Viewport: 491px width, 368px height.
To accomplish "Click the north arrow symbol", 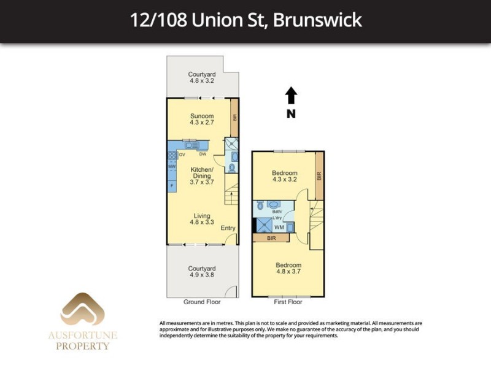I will (x=291, y=96).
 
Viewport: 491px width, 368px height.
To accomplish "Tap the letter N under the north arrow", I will (x=291, y=113).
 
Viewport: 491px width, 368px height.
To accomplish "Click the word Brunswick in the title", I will (x=317, y=20).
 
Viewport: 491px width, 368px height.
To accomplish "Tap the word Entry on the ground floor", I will (x=228, y=228).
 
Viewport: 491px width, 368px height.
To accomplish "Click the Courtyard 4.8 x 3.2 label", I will (x=202, y=77).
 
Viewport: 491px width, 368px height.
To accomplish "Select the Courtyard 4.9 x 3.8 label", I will (x=202, y=272).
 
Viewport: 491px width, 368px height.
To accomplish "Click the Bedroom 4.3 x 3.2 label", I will (x=285, y=177).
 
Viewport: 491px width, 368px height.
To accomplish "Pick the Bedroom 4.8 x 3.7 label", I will (x=288, y=268).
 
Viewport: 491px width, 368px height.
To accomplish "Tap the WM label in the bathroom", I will (x=279, y=228).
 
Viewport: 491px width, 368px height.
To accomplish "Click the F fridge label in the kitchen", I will (x=172, y=185).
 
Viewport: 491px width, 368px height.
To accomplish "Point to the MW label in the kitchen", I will (x=172, y=166).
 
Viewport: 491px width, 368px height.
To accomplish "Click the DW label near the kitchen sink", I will (x=202, y=155).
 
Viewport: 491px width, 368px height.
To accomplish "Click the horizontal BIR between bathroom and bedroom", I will (x=271, y=238).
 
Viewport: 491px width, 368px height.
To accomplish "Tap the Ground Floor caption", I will (x=202, y=302).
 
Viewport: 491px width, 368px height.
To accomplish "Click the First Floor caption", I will (x=288, y=302).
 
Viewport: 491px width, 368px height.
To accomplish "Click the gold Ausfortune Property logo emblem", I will (x=82, y=310).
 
